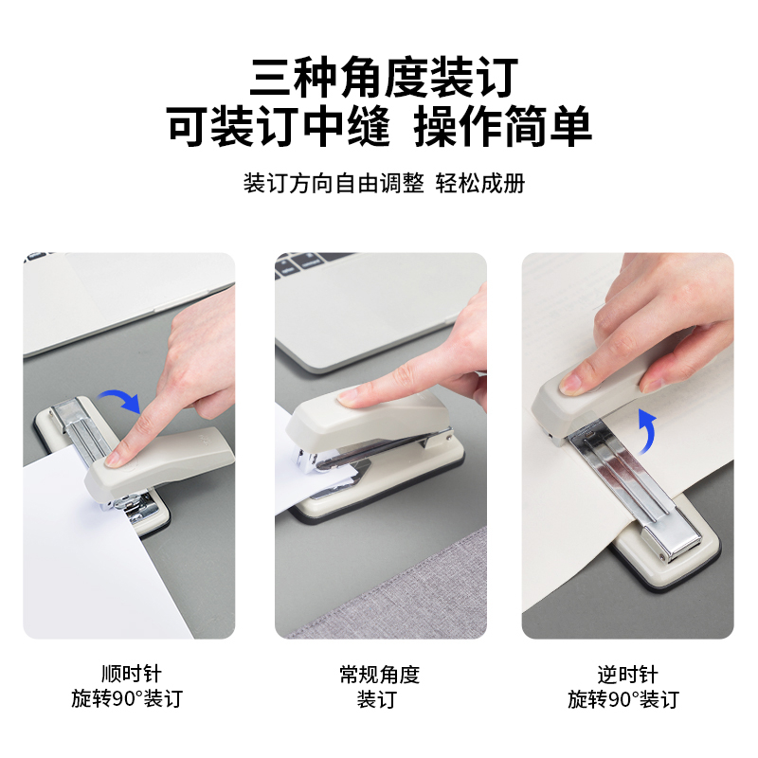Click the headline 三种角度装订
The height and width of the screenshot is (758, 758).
pyautogui.click(x=384, y=78)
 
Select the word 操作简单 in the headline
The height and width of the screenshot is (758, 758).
pyautogui.click(x=503, y=126)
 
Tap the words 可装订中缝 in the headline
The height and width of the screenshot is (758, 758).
pyautogui.click(x=279, y=126)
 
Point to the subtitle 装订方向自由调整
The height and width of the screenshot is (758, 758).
pyautogui.click(x=334, y=183)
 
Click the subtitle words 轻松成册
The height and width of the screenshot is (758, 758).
pyautogui.click(x=480, y=183)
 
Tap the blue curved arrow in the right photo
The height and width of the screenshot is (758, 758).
pyautogui.click(x=646, y=431)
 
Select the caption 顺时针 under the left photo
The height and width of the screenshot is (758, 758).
pyautogui.click(x=132, y=674)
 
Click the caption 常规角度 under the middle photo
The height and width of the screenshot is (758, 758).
pyautogui.click(x=380, y=675)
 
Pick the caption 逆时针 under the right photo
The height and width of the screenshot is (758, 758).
pyautogui.click(x=627, y=675)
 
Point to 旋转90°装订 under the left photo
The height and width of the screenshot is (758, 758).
pyautogui.click(x=127, y=698)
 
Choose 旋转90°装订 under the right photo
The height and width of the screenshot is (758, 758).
pyautogui.click(x=623, y=699)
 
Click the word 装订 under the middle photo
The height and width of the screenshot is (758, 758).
pyautogui.click(x=377, y=699)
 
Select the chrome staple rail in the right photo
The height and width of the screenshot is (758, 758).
pyautogui.click(x=633, y=488)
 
